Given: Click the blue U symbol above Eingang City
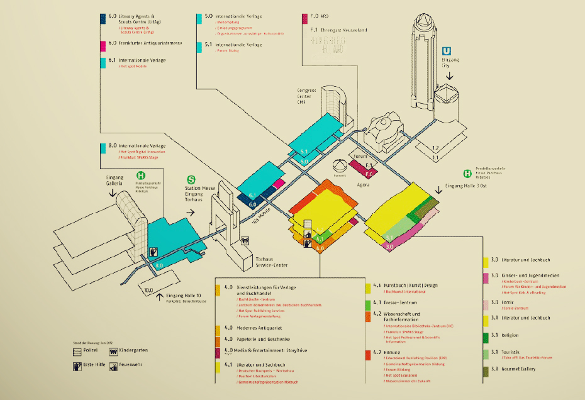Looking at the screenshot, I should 447,53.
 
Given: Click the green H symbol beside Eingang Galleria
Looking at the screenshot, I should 141,177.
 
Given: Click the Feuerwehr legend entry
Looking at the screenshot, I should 133,365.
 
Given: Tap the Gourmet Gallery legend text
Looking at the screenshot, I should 516,369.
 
